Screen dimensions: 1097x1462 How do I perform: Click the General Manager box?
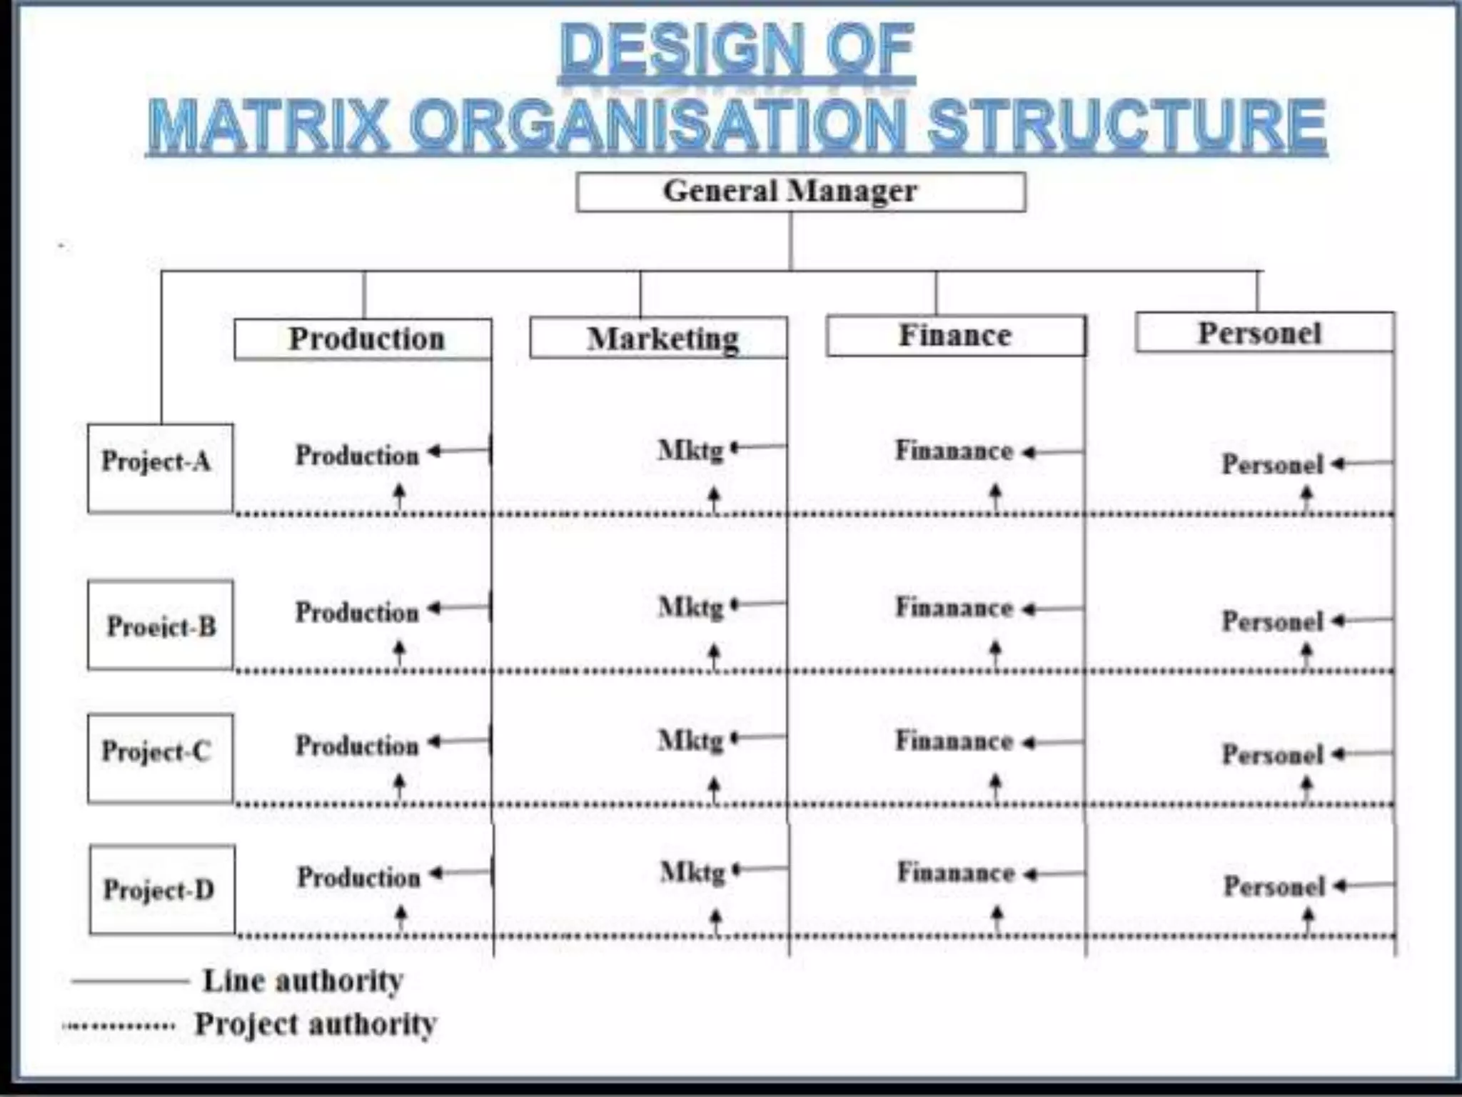coord(800,191)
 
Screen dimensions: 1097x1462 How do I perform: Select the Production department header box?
coord(363,339)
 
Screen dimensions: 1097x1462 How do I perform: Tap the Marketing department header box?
coord(658,337)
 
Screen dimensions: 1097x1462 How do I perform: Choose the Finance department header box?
coord(955,335)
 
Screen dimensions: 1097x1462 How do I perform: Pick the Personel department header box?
coord(1264,332)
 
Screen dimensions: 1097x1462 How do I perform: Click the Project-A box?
coord(160,468)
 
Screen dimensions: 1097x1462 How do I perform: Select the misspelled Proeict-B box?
coord(160,625)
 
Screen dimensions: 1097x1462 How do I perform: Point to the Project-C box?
coord(160,757)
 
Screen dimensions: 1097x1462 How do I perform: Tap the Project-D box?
coord(161,889)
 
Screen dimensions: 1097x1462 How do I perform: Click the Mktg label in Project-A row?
coord(690,451)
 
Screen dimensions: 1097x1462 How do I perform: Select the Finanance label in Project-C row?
coord(954,741)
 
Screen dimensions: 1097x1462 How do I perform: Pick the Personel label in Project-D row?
coord(1274,886)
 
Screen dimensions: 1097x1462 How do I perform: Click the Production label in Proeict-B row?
coord(357,612)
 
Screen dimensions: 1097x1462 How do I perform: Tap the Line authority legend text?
coord(303,981)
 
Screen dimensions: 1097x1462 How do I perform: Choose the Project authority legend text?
coord(316,1024)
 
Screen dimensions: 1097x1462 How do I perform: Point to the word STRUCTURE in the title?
coord(1128,125)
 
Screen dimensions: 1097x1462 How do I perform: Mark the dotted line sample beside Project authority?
coord(119,1026)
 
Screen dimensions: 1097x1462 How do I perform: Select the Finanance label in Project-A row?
coord(954,451)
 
